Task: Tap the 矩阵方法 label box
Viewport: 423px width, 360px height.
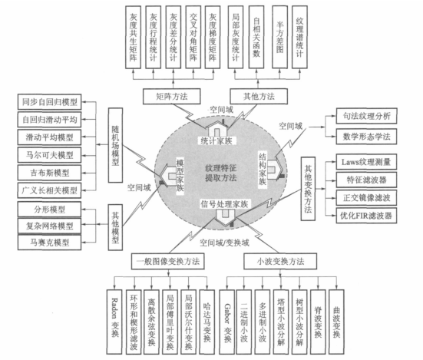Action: tap(167, 97)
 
